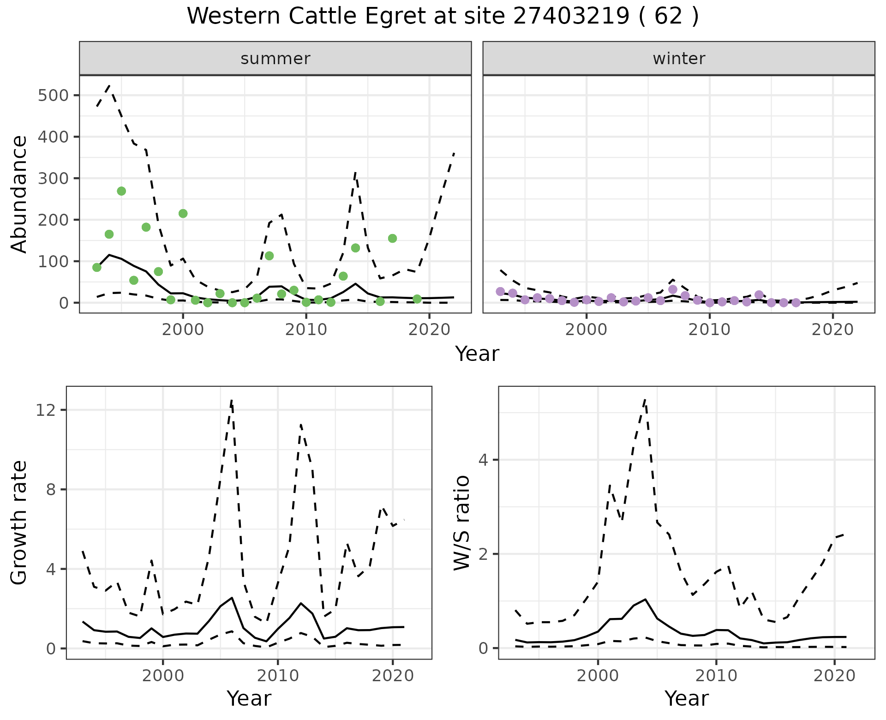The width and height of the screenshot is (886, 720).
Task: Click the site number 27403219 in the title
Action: pyautogui.click(x=571, y=17)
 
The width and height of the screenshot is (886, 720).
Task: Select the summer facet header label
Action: pyautogui.click(x=275, y=59)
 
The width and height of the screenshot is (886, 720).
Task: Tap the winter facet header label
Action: pyautogui.click(x=679, y=59)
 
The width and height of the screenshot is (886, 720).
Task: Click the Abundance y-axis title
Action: pyautogui.click(x=19, y=194)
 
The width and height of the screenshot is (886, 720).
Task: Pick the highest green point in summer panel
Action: pyautogui.click(x=121, y=191)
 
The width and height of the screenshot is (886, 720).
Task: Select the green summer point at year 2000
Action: pyautogui.click(x=183, y=213)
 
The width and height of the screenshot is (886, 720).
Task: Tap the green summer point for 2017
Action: pyautogui.click(x=392, y=238)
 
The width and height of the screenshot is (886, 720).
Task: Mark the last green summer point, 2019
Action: pyautogui.click(x=417, y=299)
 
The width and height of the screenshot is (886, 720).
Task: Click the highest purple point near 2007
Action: pyautogui.click(x=673, y=289)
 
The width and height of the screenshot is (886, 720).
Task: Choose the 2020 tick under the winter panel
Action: pyautogui.click(x=833, y=330)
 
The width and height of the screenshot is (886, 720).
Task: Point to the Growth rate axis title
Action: pyautogui.click(x=19, y=522)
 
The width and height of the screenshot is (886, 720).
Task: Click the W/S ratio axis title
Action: pyautogui.click(x=461, y=522)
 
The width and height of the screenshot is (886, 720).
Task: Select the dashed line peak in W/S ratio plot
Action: pyautogui.click(x=645, y=400)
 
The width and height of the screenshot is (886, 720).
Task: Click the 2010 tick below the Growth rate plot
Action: pyautogui.click(x=277, y=676)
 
